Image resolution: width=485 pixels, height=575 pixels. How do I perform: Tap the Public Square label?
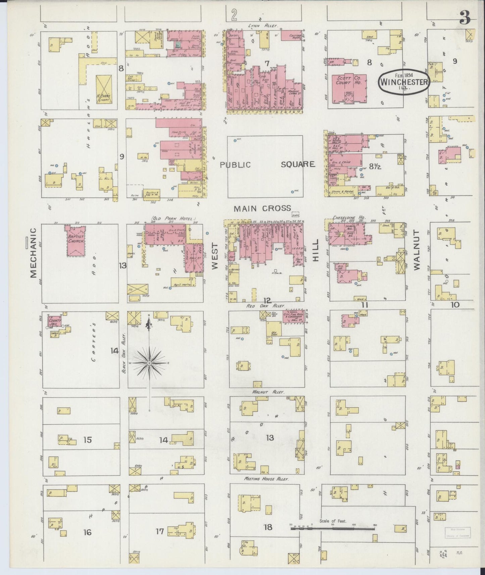tap(267, 164)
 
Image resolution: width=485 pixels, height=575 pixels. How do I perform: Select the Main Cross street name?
tap(262, 208)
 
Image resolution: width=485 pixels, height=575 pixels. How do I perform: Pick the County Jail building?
tap(54, 320)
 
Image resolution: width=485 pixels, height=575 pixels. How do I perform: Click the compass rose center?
tap(149, 363)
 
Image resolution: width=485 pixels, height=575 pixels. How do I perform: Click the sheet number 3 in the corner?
tap(465, 18)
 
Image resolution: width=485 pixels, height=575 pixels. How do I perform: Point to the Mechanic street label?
tap(33, 253)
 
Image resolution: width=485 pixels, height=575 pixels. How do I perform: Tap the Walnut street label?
tap(417, 250)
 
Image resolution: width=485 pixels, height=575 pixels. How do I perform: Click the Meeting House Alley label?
tap(266, 479)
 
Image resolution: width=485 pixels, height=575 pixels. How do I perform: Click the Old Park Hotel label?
tap(174, 219)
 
